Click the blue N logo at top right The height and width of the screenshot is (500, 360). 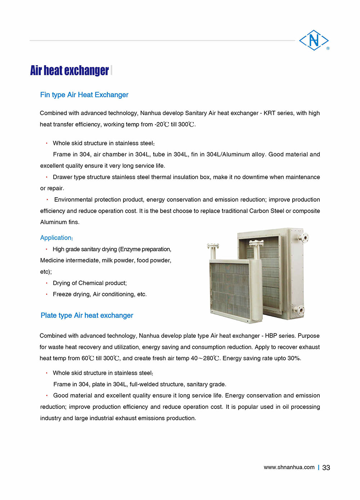click(314, 40)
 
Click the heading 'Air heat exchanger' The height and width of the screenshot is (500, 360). click(69, 70)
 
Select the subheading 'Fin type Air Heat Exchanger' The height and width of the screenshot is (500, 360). click(84, 95)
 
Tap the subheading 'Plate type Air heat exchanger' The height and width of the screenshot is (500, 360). click(87, 315)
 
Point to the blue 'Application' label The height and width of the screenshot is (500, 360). click(56, 238)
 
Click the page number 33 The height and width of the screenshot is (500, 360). click(326, 467)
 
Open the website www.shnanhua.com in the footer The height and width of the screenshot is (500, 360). click(289, 467)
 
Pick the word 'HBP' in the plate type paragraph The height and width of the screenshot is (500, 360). click(271, 335)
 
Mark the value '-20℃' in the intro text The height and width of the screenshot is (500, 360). click(162, 124)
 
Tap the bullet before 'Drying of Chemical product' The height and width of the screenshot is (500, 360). click(46, 283)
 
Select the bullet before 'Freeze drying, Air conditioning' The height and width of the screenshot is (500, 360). click(46, 294)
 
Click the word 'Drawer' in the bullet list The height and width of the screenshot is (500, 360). click(62, 177)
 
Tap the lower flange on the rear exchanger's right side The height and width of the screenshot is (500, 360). click(300, 310)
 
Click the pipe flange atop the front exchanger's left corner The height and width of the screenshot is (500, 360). click(213, 246)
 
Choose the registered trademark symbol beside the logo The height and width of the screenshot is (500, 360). click(328, 48)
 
